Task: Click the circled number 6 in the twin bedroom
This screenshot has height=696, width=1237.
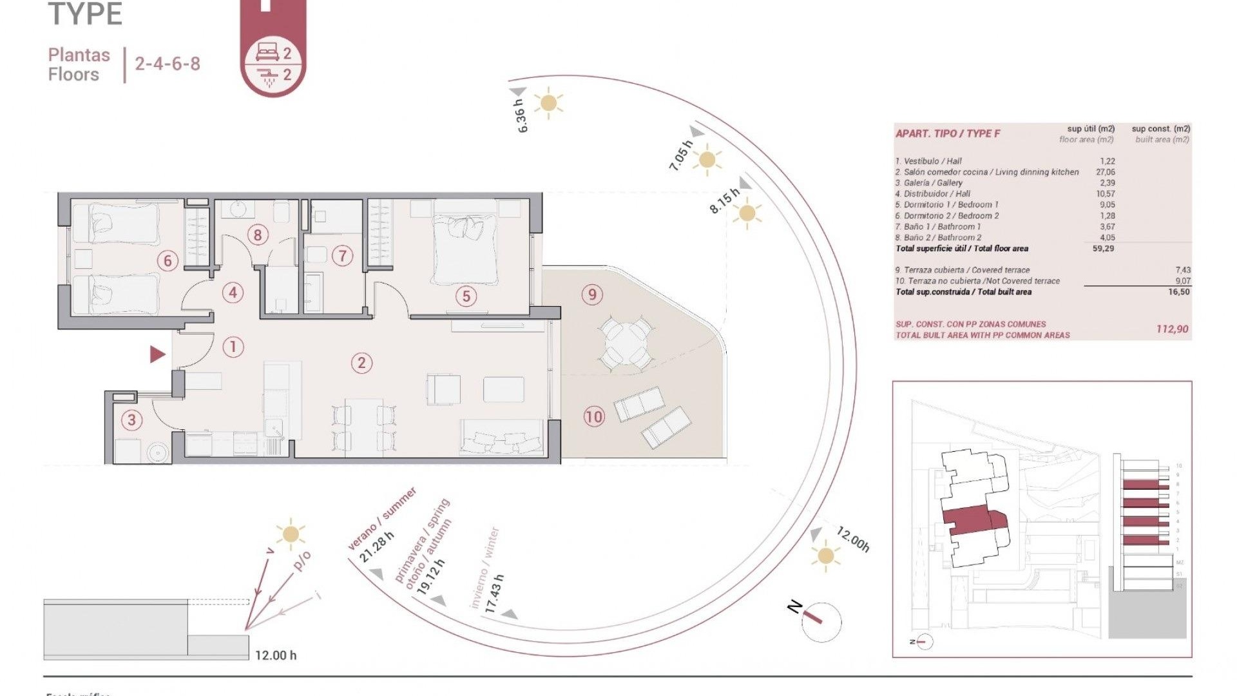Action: tap(168, 260)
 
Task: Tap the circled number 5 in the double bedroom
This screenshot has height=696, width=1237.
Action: tap(466, 296)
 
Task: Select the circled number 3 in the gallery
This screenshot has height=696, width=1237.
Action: tap(131, 420)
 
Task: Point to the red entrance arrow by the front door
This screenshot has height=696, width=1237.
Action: tap(157, 354)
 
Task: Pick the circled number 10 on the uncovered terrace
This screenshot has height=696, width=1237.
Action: tap(593, 417)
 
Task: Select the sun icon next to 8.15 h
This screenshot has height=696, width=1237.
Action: tap(747, 213)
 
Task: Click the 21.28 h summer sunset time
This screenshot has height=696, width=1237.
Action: tap(376, 547)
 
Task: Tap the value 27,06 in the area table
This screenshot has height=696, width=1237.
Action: tap(1105, 172)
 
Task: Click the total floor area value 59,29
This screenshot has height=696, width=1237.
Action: tap(1103, 248)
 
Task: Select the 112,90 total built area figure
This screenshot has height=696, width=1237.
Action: tap(1172, 329)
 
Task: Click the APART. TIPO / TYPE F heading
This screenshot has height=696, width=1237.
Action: tap(947, 133)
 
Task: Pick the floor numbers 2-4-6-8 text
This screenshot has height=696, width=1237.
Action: tap(168, 64)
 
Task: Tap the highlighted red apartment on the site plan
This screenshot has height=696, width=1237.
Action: tap(968, 519)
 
